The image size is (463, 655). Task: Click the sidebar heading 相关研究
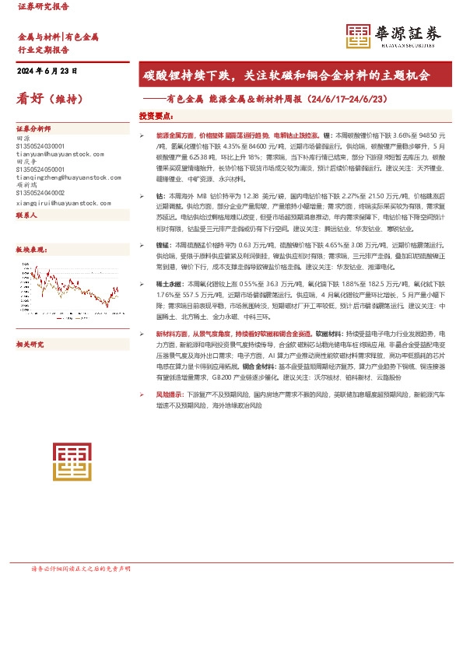pos(30,343)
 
